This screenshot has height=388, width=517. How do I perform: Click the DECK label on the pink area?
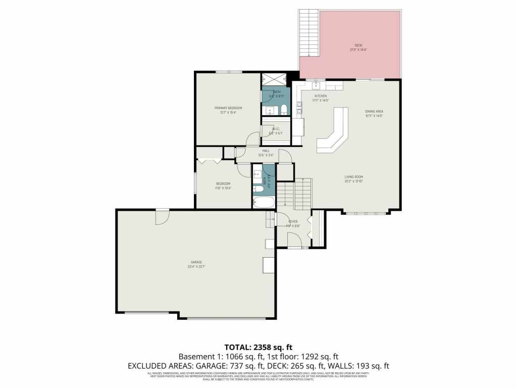(358, 45)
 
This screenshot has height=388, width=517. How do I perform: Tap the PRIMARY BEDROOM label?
(228, 108)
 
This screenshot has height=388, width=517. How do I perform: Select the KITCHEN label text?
(321, 96)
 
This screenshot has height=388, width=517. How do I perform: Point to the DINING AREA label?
(374, 111)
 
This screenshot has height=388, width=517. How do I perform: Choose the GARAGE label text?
(196, 262)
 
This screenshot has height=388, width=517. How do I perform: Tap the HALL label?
(266, 151)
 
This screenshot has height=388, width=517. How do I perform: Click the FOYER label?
(293, 221)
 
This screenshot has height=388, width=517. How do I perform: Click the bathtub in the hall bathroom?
(264, 203)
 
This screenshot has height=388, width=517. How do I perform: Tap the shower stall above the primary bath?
(273, 80)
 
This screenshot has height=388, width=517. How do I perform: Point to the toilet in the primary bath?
(284, 109)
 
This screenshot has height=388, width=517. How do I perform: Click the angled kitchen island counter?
(333, 131)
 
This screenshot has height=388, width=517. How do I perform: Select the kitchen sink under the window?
(318, 84)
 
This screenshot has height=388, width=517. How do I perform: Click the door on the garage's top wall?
(162, 216)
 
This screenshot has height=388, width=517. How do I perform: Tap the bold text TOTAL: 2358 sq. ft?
(258, 347)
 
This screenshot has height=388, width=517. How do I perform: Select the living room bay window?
(368, 213)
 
